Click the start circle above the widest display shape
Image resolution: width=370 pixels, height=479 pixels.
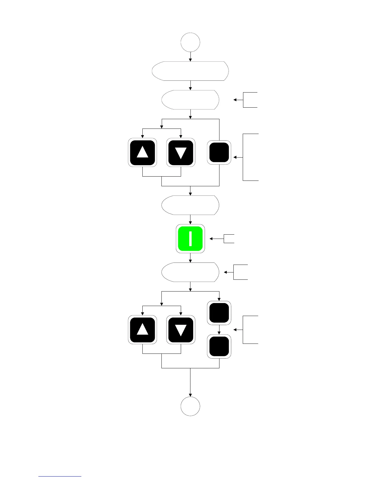point(190,42)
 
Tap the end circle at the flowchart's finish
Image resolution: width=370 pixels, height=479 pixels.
point(190,406)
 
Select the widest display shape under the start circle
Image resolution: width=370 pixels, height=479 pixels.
point(190,71)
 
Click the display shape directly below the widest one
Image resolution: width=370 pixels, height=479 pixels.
point(190,100)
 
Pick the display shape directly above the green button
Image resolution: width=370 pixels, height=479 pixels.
point(190,205)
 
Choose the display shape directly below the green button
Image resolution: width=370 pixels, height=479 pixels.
point(190,272)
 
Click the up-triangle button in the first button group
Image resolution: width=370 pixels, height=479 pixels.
point(142,152)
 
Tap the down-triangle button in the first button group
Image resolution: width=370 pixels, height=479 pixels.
point(181,152)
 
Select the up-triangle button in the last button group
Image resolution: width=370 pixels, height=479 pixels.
point(142,330)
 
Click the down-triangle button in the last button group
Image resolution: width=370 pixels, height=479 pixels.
point(181,330)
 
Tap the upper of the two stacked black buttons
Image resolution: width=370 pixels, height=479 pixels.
point(219,313)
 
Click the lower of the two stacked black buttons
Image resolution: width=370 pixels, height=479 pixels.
point(219,346)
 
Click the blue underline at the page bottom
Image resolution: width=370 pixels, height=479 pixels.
point(60,477)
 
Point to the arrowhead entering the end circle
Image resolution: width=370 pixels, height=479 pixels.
point(190,395)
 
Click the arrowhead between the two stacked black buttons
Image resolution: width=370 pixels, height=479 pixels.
point(219,333)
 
